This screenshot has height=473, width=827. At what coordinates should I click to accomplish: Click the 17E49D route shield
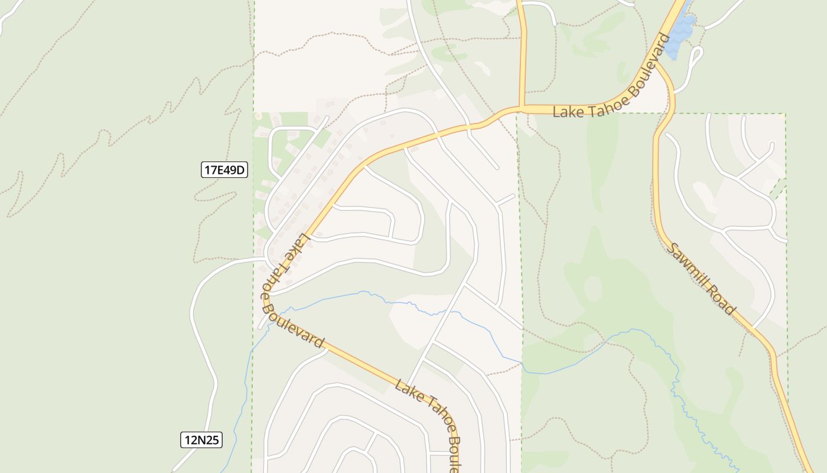pyautogui.click(x=224, y=170)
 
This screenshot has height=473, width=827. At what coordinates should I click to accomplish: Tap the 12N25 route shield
pyautogui.click(x=201, y=440)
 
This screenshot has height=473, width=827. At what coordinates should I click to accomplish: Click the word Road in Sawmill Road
pyautogui.click(x=725, y=302)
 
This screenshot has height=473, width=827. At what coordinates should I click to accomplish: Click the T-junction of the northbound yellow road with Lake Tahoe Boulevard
pyautogui.click(x=522, y=108)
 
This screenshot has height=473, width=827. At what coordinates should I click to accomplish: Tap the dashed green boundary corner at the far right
pyautogui.click(x=786, y=114)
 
